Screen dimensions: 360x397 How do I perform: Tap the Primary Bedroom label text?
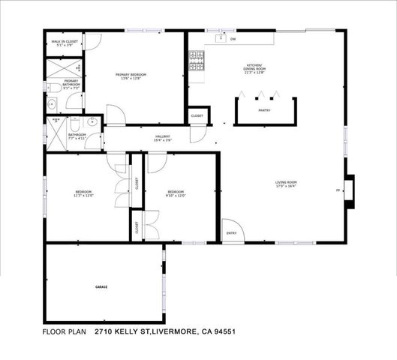pyautogui.click(x=131, y=76)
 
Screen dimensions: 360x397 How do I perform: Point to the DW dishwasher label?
pyautogui.click(x=233, y=39)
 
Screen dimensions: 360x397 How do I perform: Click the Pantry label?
pyautogui.click(x=263, y=110)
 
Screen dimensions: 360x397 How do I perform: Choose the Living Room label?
pyautogui.click(x=287, y=184)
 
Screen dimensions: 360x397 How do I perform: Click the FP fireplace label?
pyautogui.click(x=338, y=191)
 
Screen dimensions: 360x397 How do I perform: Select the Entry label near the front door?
pyautogui.click(x=230, y=232)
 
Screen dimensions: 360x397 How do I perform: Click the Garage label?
pyautogui.click(x=101, y=288)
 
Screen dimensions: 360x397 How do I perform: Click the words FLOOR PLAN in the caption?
pyautogui.click(x=65, y=331)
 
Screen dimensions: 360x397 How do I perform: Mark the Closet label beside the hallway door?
pyautogui.click(x=197, y=115)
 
